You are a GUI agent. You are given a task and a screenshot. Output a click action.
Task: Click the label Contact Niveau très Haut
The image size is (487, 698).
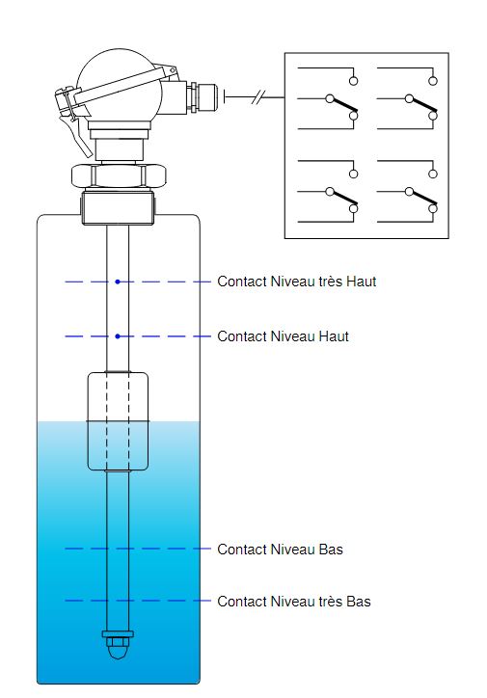point(296,282)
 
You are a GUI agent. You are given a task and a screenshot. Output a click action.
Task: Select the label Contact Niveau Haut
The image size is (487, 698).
point(283,336)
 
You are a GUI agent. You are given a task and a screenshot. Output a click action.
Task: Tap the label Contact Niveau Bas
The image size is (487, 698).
point(280,550)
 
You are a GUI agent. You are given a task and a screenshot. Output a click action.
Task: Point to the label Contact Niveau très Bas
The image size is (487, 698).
point(294,602)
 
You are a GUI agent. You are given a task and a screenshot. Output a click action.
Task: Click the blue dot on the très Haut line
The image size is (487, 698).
point(118,282)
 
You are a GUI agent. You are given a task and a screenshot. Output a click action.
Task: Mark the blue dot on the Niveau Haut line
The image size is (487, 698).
point(118,336)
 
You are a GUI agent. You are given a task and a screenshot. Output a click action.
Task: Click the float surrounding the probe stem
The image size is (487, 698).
point(118,421)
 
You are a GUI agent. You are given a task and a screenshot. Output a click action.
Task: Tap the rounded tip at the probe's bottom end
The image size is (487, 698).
point(118,652)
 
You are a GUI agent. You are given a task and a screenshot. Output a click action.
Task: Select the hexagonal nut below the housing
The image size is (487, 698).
point(119,175)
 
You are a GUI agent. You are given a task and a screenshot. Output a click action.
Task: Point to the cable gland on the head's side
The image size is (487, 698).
point(202,96)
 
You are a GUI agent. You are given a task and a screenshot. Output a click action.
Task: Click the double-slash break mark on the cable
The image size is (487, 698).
point(258,96)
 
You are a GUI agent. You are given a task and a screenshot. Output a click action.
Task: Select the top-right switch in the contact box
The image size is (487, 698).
point(407,98)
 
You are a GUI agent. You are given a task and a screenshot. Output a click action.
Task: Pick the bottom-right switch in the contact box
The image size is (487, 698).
point(407,191)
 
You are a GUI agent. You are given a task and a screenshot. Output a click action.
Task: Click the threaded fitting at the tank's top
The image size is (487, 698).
point(118,207)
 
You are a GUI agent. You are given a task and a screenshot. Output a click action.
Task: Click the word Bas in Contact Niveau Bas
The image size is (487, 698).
point(331,550)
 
